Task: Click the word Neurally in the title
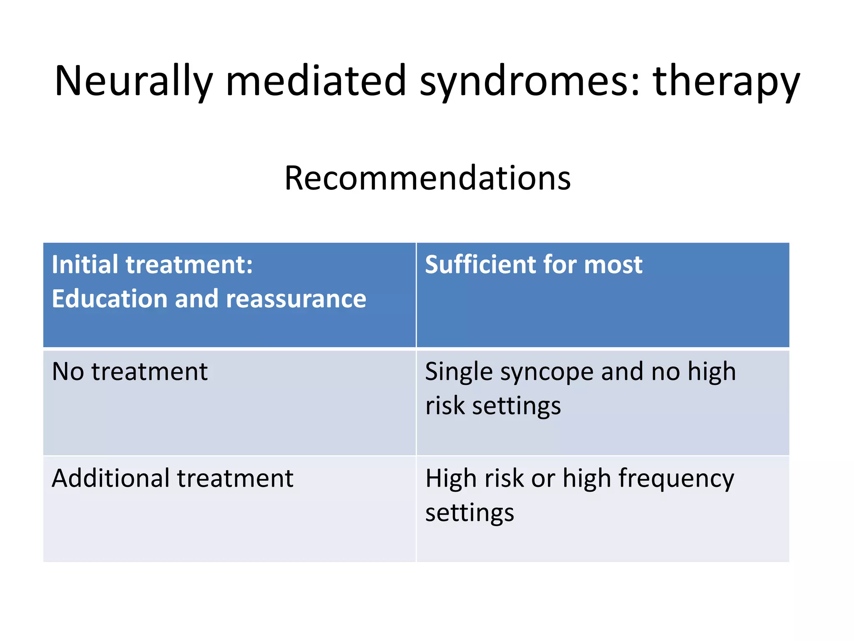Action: pyautogui.click(x=133, y=81)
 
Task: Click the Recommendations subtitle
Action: pyautogui.click(x=427, y=178)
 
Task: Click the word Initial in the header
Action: pyautogui.click(x=82, y=265)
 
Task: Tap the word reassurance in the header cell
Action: pyautogui.click(x=296, y=300)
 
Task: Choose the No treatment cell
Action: pyautogui.click(x=130, y=371)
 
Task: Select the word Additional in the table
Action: pyautogui.click(x=111, y=478)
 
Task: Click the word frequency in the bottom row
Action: pyautogui.click(x=676, y=479)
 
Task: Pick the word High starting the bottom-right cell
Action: pyautogui.click(x=451, y=478)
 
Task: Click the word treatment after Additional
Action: pyautogui.click(x=235, y=478)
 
